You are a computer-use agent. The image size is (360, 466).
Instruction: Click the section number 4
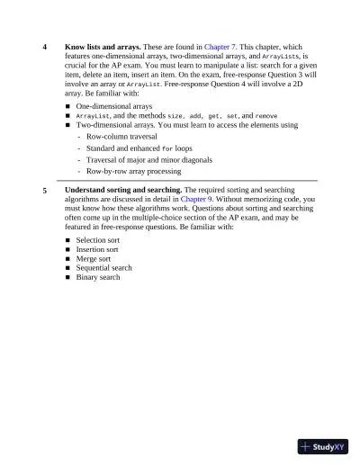pyautogui.click(x=45, y=46)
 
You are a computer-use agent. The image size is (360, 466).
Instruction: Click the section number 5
pyautogui.click(x=45, y=191)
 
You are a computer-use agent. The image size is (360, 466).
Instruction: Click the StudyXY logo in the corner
pyautogui.click(x=325, y=445)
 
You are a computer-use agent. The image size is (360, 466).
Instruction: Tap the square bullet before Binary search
pyautogui.click(x=68, y=277)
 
